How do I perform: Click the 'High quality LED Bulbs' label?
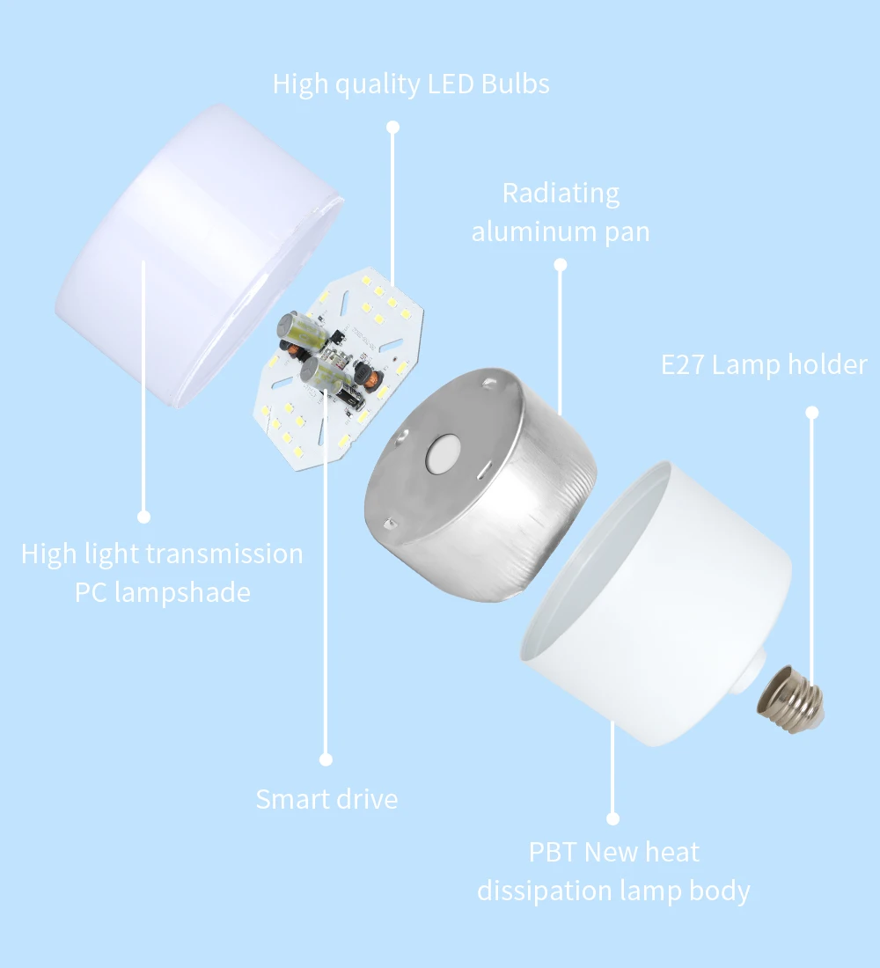coord(411,84)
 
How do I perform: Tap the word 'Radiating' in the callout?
coord(561,194)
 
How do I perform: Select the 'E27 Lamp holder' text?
coord(764,365)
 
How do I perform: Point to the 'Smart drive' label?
coord(326,799)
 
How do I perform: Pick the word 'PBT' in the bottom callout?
coord(553,852)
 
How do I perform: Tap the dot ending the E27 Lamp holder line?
coord(812,412)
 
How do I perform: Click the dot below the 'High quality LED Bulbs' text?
coord(393,128)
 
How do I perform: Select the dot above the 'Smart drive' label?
coord(326,759)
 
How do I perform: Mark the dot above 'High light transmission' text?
coord(144,517)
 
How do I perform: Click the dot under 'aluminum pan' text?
coord(561,264)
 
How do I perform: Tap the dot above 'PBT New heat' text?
coord(613,818)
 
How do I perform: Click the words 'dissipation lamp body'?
coord(613,891)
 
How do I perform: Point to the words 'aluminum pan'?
coord(561,232)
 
